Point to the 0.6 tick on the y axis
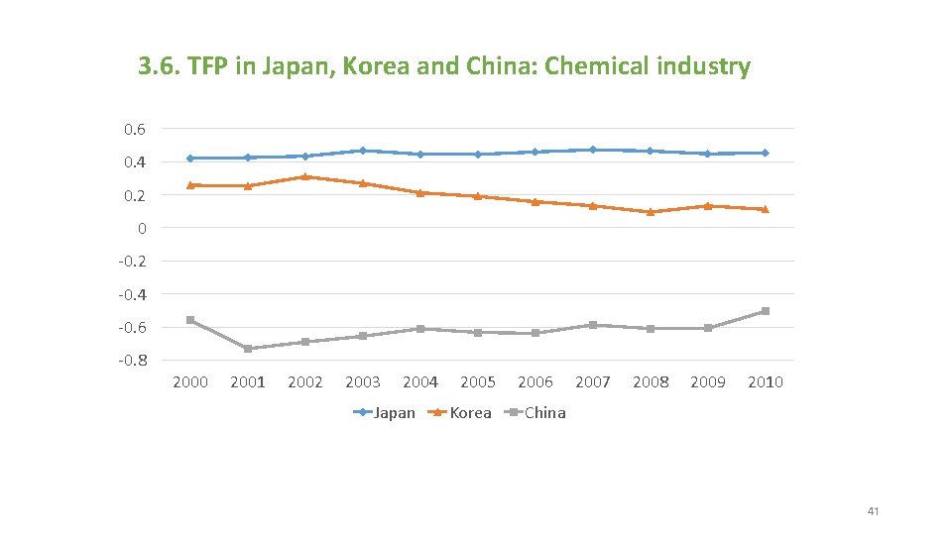(x=134, y=129)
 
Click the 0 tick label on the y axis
(x=142, y=228)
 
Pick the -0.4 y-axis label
(x=132, y=294)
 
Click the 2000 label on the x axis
(x=190, y=382)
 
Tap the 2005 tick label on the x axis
(x=478, y=382)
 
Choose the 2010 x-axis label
(x=765, y=382)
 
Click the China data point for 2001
(x=248, y=349)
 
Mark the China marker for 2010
(x=765, y=311)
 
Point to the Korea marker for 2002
(x=305, y=176)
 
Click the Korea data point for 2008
(x=651, y=212)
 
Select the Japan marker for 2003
(x=363, y=151)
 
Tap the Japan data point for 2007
(x=593, y=150)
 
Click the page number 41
(x=873, y=511)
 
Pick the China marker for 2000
(x=190, y=320)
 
